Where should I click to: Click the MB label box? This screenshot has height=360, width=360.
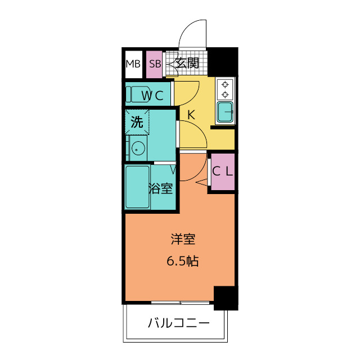point(133,64)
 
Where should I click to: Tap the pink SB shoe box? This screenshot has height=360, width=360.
point(155,64)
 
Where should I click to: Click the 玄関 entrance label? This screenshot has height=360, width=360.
point(187,63)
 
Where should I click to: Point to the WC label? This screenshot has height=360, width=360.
point(152,96)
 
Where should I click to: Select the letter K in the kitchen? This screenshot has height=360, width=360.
point(191,115)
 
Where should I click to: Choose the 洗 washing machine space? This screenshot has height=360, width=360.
point(137,121)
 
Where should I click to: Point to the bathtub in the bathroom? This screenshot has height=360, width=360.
point(137,186)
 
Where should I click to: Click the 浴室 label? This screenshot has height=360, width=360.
point(161,189)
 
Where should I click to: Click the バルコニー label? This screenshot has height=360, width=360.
point(178,323)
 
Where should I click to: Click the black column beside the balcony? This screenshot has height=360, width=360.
point(225,298)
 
